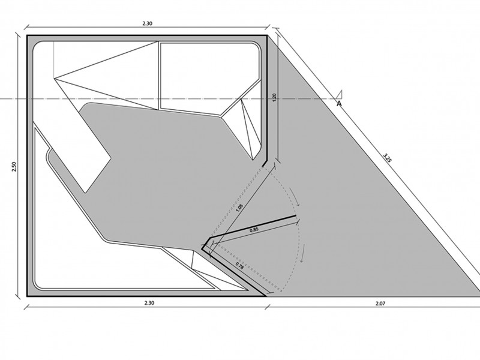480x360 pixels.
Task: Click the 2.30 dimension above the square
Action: pos(147,23)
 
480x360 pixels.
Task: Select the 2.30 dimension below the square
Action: pos(149,303)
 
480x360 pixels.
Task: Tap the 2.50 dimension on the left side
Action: pos(14,167)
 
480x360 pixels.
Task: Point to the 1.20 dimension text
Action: pos(274,97)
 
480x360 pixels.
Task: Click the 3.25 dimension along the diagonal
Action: pos(387,157)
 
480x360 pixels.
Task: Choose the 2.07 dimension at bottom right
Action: pos(380,304)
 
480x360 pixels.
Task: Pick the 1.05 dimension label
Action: pos(239,208)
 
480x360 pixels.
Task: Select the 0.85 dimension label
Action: pos(254,230)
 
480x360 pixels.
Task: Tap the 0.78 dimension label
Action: pos(239,265)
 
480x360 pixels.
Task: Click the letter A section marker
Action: pos(339,104)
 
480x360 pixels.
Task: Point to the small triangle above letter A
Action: pos(339,95)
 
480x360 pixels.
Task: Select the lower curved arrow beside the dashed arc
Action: pos(304,253)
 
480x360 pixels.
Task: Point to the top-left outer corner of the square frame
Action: pos(27,35)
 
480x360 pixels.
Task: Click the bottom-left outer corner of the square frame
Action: pos(27,296)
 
